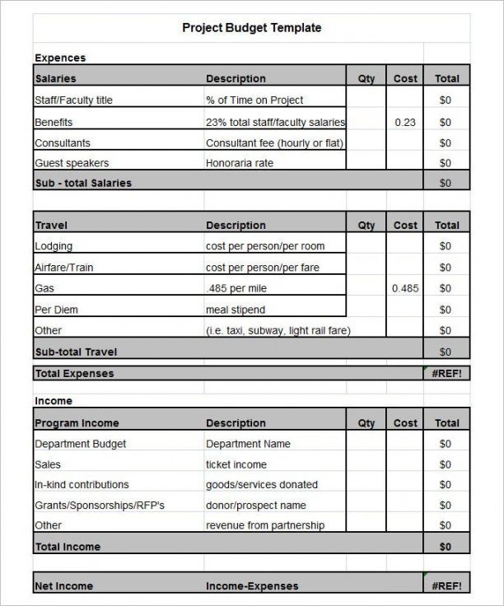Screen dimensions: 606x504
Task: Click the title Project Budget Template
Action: [x=251, y=28]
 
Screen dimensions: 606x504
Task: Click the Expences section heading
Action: [x=60, y=58]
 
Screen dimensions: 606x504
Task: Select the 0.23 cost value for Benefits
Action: [x=405, y=122]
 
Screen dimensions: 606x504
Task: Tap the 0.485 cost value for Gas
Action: [x=405, y=288]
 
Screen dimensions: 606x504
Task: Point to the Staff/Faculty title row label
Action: [x=73, y=100]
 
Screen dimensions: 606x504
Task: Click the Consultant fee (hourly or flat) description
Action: [x=274, y=142]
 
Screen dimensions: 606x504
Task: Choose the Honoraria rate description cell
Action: [x=239, y=163]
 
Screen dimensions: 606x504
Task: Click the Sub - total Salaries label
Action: [x=83, y=183]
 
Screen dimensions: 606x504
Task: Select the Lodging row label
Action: [x=54, y=246]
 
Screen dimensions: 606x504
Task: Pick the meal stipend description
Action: [x=237, y=310]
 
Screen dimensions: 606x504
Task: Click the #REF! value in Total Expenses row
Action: [x=446, y=374]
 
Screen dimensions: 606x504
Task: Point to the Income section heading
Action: [x=54, y=401]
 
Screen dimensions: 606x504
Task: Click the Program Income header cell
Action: [x=77, y=423]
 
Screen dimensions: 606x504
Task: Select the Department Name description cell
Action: [x=248, y=444]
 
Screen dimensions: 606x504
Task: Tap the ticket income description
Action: [x=236, y=464]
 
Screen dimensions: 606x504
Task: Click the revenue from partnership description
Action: [x=265, y=525]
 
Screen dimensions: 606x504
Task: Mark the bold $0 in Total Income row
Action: [x=446, y=547]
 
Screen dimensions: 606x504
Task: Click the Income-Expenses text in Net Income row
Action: [x=252, y=586]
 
